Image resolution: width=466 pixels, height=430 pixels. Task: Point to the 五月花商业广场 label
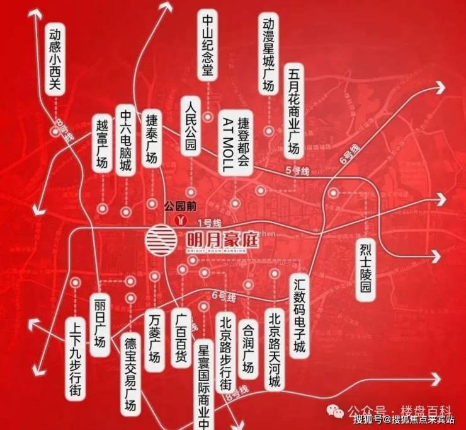click(x=293, y=110)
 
